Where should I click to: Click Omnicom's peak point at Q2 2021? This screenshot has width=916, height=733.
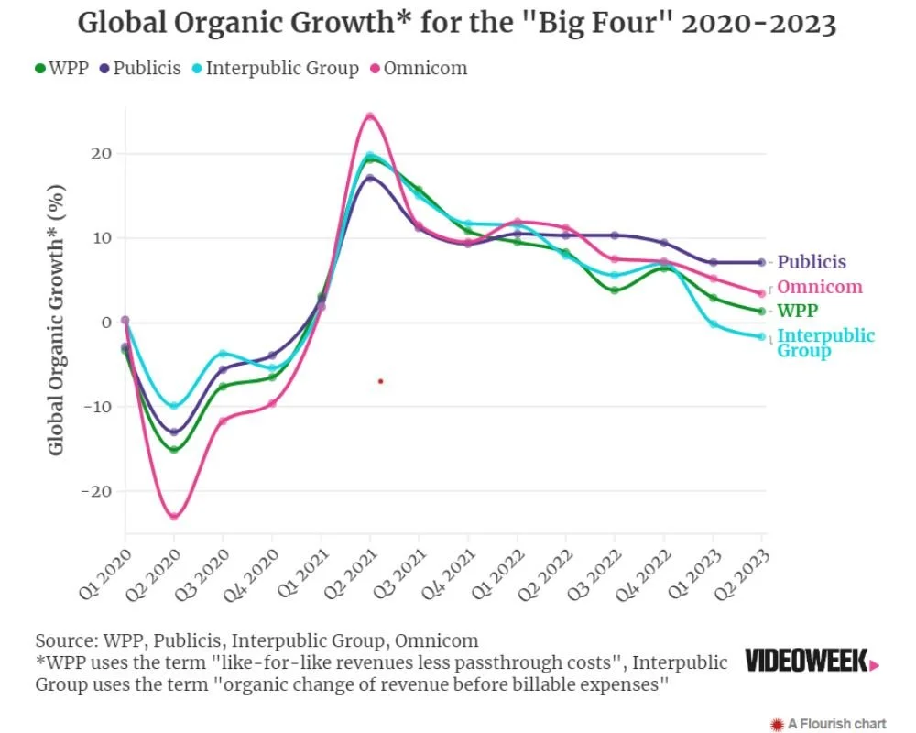click(x=370, y=116)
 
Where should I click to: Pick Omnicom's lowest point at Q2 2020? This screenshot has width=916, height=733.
click(x=173, y=516)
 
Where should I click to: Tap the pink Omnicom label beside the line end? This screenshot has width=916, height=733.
click(x=820, y=288)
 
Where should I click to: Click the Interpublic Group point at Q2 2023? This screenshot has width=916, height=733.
click(x=762, y=337)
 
